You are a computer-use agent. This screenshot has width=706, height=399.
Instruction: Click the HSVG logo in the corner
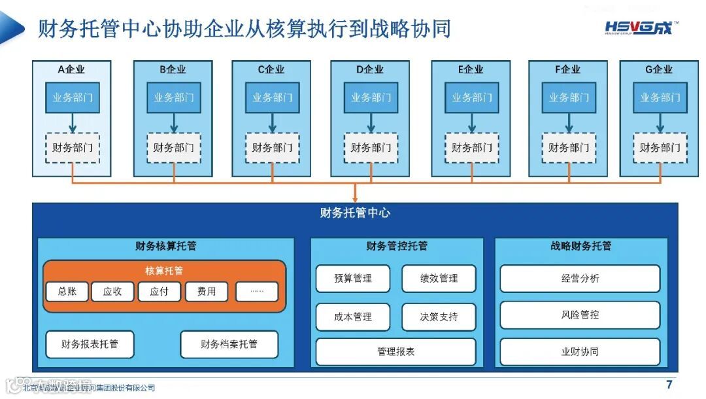[x=641, y=27]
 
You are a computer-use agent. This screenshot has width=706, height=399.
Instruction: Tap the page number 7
[x=669, y=385]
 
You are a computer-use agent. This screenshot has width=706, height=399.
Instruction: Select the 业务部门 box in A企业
[x=73, y=97]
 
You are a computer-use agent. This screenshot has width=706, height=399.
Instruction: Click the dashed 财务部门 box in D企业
[x=371, y=148]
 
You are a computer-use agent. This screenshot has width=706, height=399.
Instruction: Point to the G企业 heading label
[x=658, y=69]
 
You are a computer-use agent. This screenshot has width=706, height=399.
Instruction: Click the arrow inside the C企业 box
[x=272, y=122]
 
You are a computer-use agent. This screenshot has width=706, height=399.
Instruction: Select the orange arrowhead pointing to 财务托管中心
[x=355, y=197]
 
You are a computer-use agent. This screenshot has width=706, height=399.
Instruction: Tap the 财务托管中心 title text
[x=355, y=213]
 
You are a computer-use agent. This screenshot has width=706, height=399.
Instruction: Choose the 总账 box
[x=67, y=292]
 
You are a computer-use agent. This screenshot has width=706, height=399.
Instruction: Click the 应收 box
[x=112, y=292]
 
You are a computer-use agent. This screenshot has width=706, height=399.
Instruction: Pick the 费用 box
[x=207, y=292]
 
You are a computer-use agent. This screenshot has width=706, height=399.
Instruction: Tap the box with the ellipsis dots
[x=257, y=292]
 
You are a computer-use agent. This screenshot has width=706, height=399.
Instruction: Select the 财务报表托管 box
[x=90, y=344]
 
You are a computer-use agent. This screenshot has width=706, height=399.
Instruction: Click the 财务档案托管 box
[x=229, y=344]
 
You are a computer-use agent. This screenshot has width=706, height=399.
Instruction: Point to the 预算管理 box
[x=353, y=279]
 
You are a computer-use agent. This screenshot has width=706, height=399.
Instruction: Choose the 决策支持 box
[x=439, y=317]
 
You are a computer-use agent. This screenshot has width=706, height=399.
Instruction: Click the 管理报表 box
[x=395, y=352]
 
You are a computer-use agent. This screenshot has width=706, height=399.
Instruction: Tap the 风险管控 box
[x=580, y=315]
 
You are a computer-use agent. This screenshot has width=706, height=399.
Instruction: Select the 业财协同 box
[x=580, y=352]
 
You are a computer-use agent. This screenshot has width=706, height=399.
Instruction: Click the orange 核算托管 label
[x=164, y=271]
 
